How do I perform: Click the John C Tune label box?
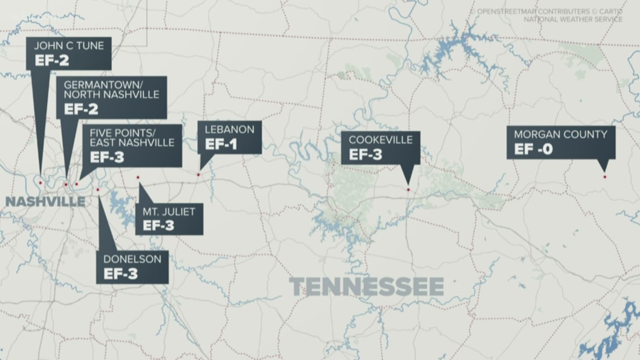click(x=68, y=54)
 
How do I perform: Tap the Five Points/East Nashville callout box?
click(x=131, y=145)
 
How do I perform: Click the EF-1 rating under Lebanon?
click(x=221, y=144)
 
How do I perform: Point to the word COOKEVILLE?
click(x=381, y=140)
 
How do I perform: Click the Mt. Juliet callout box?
click(x=169, y=218)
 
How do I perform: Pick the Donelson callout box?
click(x=132, y=267)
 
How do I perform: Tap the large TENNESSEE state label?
click(x=367, y=287)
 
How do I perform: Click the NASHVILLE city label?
click(x=45, y=202)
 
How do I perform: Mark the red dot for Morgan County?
click(x=605, y=177)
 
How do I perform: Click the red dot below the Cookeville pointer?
click(x=408, y=189)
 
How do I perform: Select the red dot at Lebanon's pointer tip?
click(x=198, y=175)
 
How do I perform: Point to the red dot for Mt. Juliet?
click(x=138, y=177)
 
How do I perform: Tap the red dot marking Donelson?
click(x=98, y=190)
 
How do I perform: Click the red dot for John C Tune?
click(x=40, y=182)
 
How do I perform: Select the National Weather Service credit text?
click(x=573, y=19)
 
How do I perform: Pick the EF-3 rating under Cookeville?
click(x=365, y=155)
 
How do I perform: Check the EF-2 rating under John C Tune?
click(x=51, y=61)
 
